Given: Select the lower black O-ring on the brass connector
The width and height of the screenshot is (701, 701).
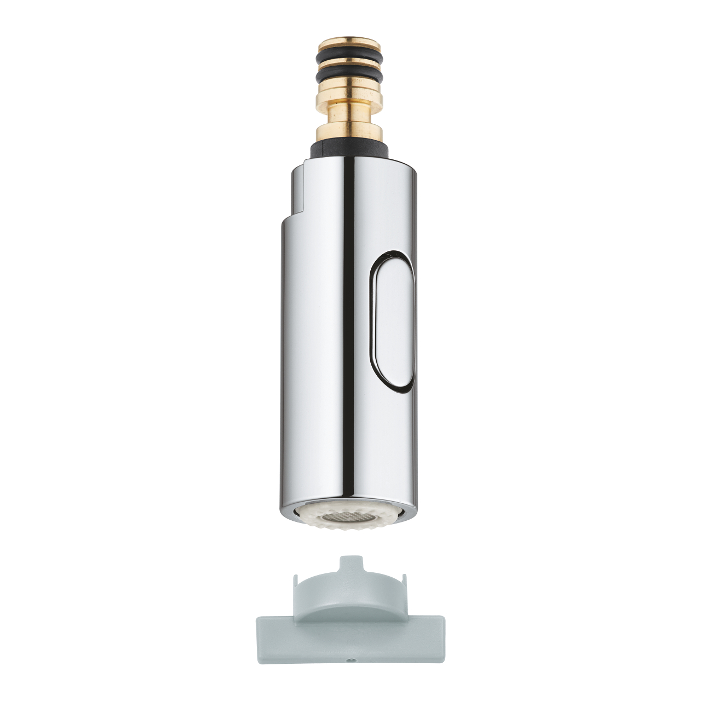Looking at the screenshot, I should [350, 75].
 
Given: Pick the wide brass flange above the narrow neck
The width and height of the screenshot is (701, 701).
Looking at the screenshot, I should [350, 96].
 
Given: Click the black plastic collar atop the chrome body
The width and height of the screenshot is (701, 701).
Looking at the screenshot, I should [350, 148].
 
